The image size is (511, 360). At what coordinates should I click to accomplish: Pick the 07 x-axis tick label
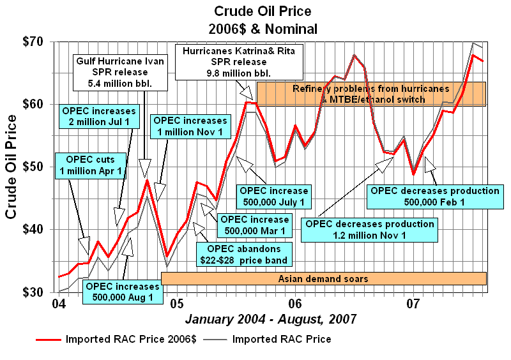413,301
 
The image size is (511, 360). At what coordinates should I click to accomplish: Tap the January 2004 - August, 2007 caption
271,318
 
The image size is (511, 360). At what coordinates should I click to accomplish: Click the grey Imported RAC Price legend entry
282,339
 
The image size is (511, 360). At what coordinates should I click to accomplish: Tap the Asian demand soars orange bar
323,279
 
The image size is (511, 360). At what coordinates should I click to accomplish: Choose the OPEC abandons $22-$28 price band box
242,254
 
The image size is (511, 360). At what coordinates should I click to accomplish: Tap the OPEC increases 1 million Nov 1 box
190,126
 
